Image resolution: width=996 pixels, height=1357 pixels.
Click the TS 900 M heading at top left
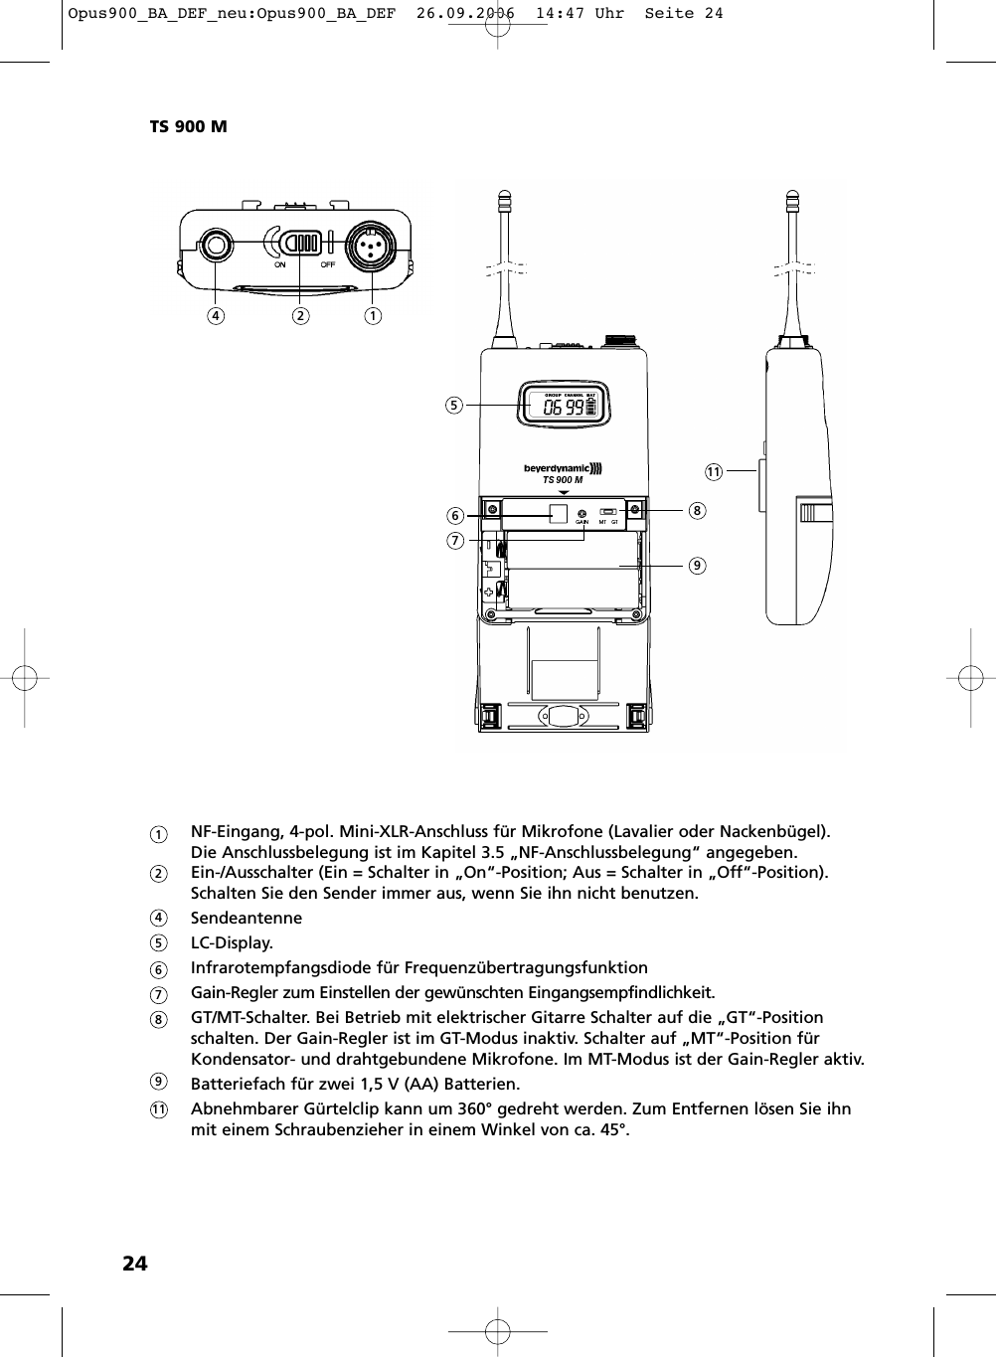[188, 127]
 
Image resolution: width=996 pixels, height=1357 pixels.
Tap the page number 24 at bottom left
[134, 1264]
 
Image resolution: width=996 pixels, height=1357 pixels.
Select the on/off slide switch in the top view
[296, 244]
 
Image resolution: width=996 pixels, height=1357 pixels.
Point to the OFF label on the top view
[327, 265]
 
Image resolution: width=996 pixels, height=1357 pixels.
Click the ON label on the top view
[279, 265]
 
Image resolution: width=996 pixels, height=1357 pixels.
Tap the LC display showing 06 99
[564, 408]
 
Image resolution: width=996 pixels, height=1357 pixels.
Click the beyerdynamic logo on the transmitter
[563, 468]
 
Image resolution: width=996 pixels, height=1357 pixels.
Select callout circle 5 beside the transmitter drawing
[454, 406]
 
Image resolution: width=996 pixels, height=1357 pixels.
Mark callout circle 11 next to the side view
[713, 470]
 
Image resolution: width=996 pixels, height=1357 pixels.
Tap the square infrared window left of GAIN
[559, 513]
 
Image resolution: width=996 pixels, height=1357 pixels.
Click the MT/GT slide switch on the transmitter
[608, 512]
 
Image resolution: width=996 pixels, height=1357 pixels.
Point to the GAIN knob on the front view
[581, 513]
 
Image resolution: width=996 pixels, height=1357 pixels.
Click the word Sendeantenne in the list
[246, 918]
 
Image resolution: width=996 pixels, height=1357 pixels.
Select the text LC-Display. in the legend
[232, 942]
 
